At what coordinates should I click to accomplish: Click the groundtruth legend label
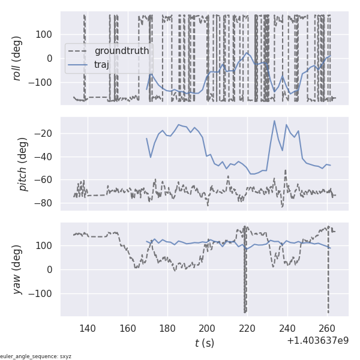[x=122, y=50]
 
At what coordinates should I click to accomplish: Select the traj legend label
[x=102, y=65]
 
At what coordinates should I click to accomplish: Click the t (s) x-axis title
[x=204, y=343]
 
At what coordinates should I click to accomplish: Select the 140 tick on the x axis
[x=88, y=329]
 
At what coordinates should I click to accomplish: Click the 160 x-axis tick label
[x=128, y=329]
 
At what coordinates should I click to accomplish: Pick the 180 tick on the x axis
[x=167, y=329]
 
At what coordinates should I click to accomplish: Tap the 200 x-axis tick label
[x=208, y=329]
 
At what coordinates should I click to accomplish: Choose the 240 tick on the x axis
[x=287, y=329]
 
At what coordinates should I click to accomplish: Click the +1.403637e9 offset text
[x=318, y=341]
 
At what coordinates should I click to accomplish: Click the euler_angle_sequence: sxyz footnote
[x=36, y=356]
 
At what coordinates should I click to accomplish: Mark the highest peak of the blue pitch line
[x=275, y=121]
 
